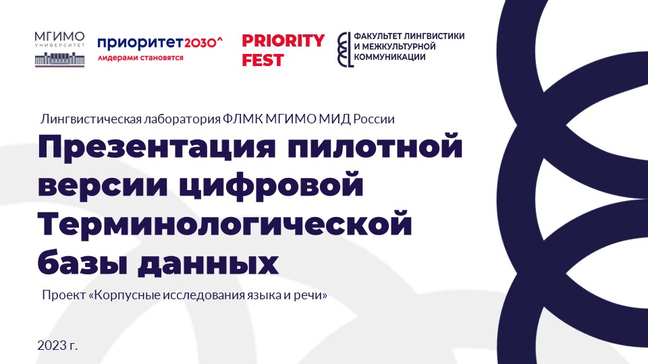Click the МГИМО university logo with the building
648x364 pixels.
pyautogui.click(x=59, y=49)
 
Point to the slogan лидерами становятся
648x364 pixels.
pyautogui.click(x=140, y=58)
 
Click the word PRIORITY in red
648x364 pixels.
pyautogui.click(x=283, y=41)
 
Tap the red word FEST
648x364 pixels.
pyautogui.click(x=263, y=60)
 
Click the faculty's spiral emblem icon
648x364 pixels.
pyautogui.click(x=345, y=49)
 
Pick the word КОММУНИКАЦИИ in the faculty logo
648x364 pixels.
pyautogui.click(x=389, y=57)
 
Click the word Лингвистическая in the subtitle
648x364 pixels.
pyautogui.click(x=91, y=119)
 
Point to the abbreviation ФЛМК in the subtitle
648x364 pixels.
pyautogui.click(x=242, y=119)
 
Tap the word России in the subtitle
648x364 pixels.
pyautogui.click(x=373, y=119)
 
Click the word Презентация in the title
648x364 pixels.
pyautogui.click(x=157, y=148)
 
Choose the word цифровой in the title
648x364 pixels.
pyautogui.click(x=272, y=186)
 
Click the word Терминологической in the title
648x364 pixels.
pyautogui.click(x=225, y=225)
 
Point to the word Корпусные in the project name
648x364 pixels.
pyautogui.click(x=126, y=295)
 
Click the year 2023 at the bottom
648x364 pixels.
pyautogui.click(x=53, y=345)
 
